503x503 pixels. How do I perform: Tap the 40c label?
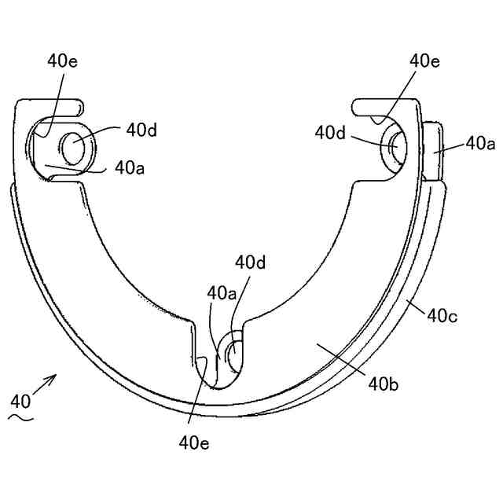tap(442, 316)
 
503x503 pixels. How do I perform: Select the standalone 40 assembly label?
tap(21, 401)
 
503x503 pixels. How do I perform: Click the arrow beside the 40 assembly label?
tap(45, 385)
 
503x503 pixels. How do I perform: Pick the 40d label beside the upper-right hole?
tap(331, 133)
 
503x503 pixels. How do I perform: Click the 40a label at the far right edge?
tap(479, 143)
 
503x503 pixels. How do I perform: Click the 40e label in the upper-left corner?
tap(62, 61)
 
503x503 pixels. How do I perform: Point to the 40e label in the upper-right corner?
tap(424, 61)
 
